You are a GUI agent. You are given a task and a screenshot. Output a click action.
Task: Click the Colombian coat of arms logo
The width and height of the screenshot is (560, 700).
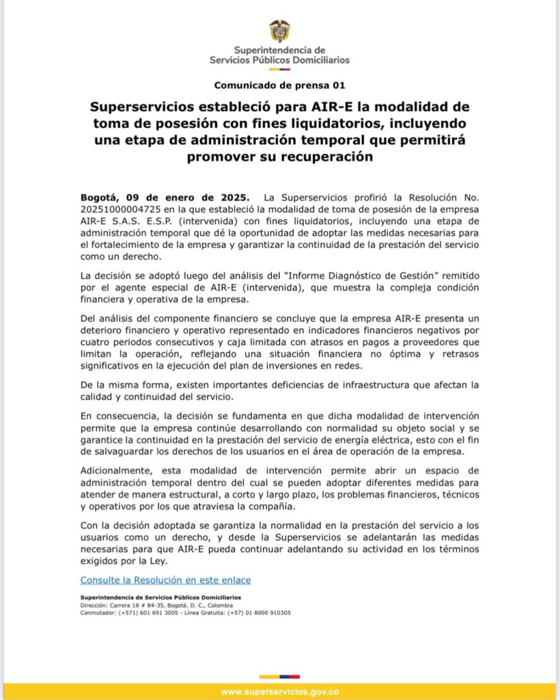click(x=279, y=31)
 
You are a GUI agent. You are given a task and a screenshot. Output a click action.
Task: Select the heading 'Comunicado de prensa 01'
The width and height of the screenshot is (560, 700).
click(x=279, y=85)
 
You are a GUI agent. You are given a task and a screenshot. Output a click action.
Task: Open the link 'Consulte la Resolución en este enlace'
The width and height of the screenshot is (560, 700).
click(x=165, y=580)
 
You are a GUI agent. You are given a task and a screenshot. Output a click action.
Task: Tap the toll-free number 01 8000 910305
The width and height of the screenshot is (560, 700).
click(x=265, y=612)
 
